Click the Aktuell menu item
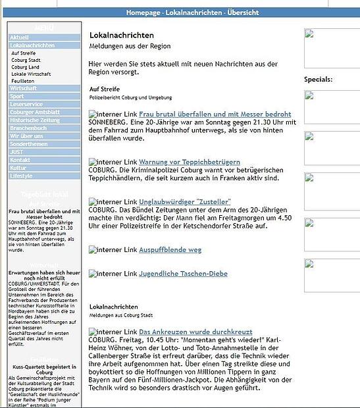coord(20,38)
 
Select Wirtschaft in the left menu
coord(24,88)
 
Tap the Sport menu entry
coord(17,96)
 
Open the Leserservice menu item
coord(26,104)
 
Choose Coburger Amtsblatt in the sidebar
coord(34,112)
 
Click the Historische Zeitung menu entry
coord(34,120)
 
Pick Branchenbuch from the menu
coord(28,128)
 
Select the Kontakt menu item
coord(20,160)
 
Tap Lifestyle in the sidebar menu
coord(21,176)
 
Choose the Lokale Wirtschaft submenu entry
coord(31,74)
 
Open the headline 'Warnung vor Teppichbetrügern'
coord(190,162)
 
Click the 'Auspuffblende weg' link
coord(170,249)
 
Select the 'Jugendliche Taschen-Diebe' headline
coord(183,273)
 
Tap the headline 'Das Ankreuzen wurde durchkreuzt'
coord(195,332)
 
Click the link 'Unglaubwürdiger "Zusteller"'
coord(185,201)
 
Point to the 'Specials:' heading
coord(319,79)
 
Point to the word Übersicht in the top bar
coord(244,13)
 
